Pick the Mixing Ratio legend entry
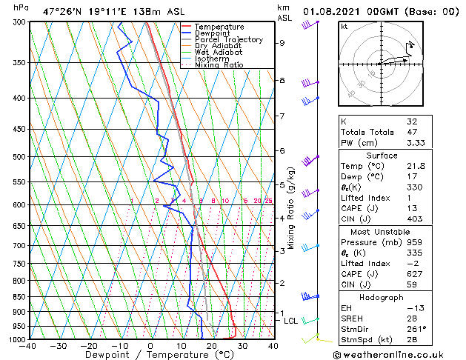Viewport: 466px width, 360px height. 219,65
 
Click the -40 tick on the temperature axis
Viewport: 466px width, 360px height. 29,346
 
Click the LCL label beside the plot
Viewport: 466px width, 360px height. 291,321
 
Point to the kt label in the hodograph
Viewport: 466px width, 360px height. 344,27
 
